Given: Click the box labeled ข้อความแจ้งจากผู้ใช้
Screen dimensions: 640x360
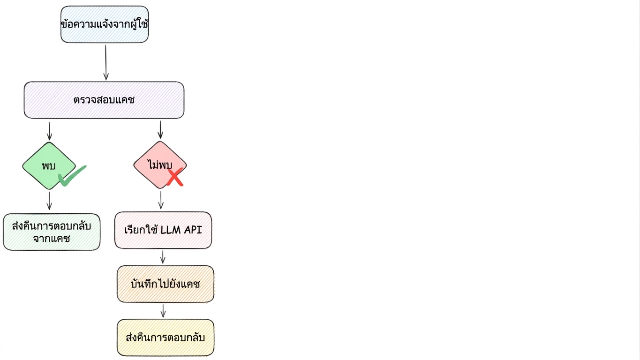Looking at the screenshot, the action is [x=105, y=24].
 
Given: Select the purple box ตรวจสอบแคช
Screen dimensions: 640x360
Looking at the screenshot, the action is [x=104, y=100].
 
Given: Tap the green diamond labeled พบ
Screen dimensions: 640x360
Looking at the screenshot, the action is [x=49, y=166].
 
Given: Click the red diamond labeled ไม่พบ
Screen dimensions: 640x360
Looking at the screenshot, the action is [x=160, y=165].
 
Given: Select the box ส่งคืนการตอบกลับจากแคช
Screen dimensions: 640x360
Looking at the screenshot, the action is [x=52, y=232].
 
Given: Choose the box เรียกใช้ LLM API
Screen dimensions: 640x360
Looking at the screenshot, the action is [x=163, y=230].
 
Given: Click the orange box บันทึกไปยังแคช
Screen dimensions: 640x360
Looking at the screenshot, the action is [x=166, y=284].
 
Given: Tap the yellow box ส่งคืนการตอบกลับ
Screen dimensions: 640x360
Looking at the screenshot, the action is [x=166, y=337].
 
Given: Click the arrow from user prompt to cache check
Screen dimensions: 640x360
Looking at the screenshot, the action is [x=105, y=62].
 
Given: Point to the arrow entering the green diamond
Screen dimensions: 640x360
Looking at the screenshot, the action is [x=49, y=131].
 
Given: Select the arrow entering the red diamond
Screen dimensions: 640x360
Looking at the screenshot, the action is [x=160, y=130].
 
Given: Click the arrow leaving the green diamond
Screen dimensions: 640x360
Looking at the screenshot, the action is [x=49, y=201].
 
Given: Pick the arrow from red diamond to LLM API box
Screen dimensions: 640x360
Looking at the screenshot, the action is [x=161, y=200].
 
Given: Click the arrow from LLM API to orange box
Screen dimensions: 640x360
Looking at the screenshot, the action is [x=163, y=257].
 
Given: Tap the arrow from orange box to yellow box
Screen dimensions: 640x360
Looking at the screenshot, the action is [x=163, y=311].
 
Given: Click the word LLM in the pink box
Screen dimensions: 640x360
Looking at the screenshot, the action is [x=171, y=230].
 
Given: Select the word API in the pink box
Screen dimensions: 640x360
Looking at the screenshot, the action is [x=193, y=230].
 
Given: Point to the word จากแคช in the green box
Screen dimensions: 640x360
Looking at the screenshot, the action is [x=52, y=239].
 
